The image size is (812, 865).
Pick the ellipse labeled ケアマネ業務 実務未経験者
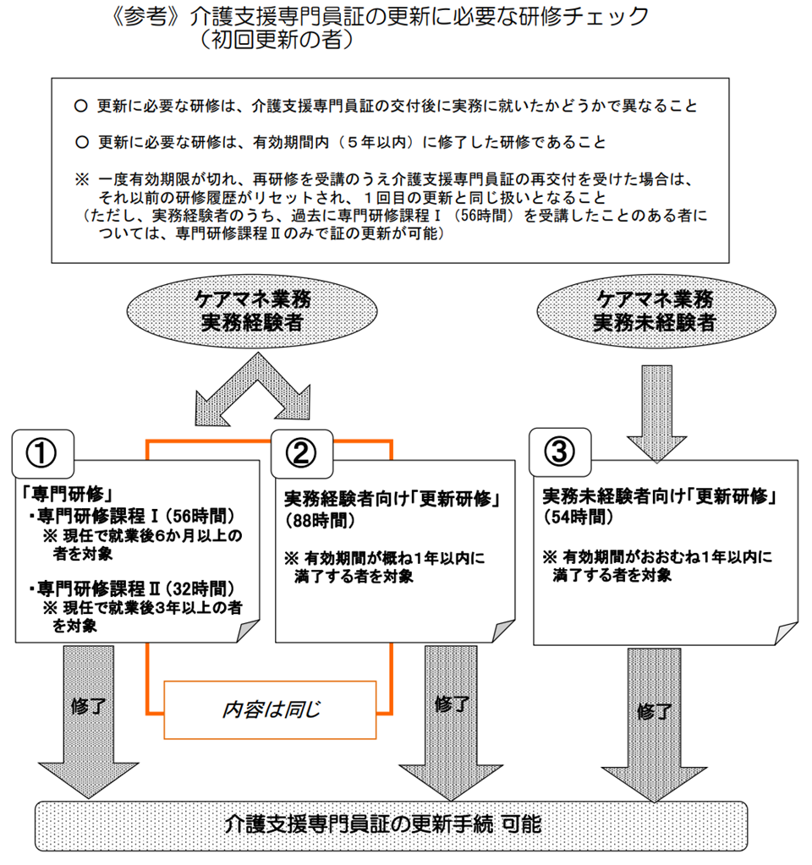(654, 310)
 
